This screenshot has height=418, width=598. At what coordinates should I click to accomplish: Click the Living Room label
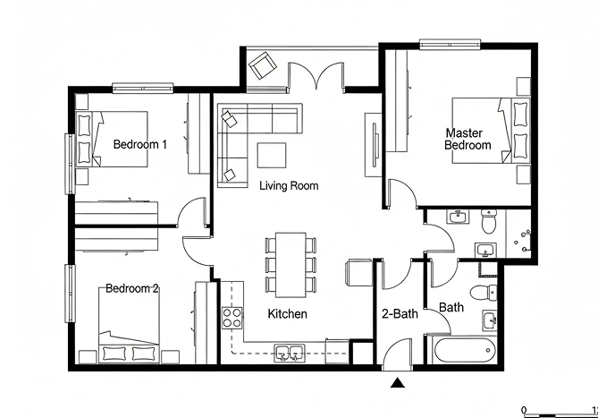coord(289,186)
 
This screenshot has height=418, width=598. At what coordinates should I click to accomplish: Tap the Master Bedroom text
coord(467,139)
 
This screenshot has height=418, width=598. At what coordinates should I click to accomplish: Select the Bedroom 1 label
coord(140,144)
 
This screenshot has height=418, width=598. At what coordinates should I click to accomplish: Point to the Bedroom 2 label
coord(131,288)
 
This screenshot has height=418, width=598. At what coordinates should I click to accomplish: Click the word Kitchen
coord(287,314)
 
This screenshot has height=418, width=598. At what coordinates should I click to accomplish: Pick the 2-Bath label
coord(400,314)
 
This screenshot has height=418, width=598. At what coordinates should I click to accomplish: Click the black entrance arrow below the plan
coord(398,382)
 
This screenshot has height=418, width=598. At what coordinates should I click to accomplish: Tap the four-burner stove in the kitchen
coord(232,318)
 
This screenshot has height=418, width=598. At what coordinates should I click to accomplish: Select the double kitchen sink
coord(290,353)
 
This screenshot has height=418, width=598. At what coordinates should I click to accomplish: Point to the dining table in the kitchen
coord(291,265)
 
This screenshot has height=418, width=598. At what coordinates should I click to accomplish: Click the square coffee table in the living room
coord(272,155)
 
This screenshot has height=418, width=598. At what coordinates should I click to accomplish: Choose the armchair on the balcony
coord(263,65)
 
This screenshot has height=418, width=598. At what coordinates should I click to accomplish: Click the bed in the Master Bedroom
coord(491,131)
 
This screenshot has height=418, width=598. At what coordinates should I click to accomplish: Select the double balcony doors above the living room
coord(316,75)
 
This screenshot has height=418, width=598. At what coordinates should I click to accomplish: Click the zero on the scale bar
coord(524,410)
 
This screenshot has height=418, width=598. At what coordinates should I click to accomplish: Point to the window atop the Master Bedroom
coord(450,44)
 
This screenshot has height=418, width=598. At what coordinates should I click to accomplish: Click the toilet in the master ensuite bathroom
coord(489,221)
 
